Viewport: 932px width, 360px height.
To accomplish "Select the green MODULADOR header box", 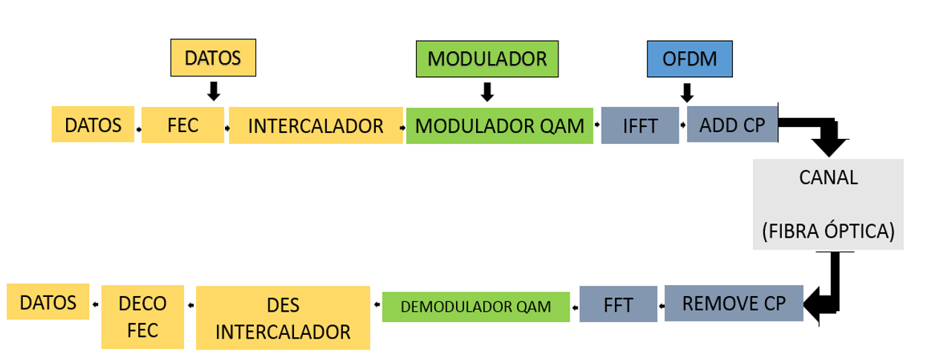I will (486, 58).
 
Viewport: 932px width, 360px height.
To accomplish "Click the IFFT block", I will (639, 125).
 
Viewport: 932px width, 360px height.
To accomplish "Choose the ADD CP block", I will (731, 124).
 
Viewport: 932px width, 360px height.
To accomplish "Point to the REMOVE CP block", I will (733, 303).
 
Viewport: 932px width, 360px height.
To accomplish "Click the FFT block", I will (618, 305).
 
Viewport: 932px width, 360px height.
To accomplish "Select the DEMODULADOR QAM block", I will (475, 306).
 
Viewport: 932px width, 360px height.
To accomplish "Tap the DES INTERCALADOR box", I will (283, 318).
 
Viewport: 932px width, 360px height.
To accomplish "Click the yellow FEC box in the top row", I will (183, 125).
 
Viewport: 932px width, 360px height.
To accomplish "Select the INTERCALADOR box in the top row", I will (316, 125).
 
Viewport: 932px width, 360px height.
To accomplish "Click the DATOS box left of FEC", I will (93, 124).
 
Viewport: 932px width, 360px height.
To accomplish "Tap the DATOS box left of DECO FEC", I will (48, 302).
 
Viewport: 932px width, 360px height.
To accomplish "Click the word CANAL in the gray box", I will (829, 178).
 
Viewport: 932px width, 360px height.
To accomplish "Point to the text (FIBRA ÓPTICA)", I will (829, 231).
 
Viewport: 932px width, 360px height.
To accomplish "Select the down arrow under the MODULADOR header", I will (487, 92).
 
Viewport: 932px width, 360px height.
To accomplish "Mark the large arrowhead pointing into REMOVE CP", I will (817, 305).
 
